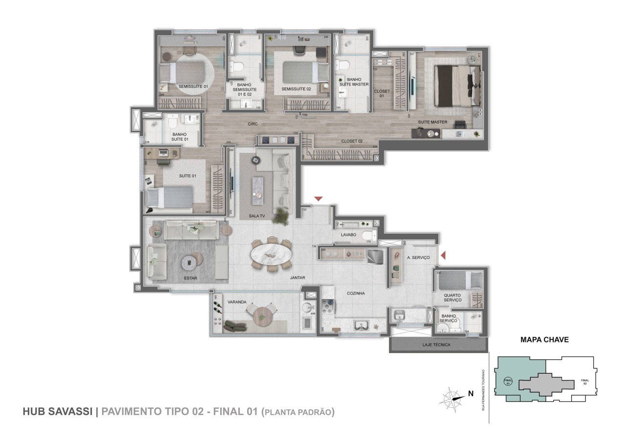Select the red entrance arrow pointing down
point(318,199)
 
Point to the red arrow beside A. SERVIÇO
point(443,255)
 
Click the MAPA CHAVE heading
point(544,340)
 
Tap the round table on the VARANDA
point(262,315)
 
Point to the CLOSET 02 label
point(352,141)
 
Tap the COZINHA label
point(356,293)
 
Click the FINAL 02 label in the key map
point(585,381)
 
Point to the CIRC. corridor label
point(253,124)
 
